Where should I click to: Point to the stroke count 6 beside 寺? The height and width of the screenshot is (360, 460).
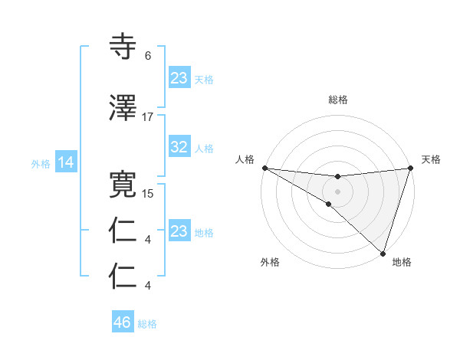148,56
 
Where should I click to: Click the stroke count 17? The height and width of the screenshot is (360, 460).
148,116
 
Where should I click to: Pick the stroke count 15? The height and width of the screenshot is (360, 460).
148,194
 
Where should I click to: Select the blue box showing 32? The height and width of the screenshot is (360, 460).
179,148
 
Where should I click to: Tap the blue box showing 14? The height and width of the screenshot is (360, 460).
65,162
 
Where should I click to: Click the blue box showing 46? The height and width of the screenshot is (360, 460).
123,322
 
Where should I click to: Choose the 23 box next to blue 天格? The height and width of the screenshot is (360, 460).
179,78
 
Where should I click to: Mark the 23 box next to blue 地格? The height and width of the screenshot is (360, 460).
179,231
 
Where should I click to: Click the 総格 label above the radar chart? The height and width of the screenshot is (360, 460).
338,100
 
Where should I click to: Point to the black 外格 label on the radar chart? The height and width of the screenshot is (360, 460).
270,263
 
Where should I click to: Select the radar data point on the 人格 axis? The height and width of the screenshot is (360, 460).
264,168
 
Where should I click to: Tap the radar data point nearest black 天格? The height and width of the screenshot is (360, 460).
410,168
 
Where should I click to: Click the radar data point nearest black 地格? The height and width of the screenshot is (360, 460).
383,252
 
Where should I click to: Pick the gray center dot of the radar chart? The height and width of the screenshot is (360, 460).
337,191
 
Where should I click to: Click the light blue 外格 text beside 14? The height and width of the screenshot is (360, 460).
40,163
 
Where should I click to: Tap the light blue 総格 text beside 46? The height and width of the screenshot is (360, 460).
147,324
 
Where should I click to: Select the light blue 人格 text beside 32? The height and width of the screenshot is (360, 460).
204,149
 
